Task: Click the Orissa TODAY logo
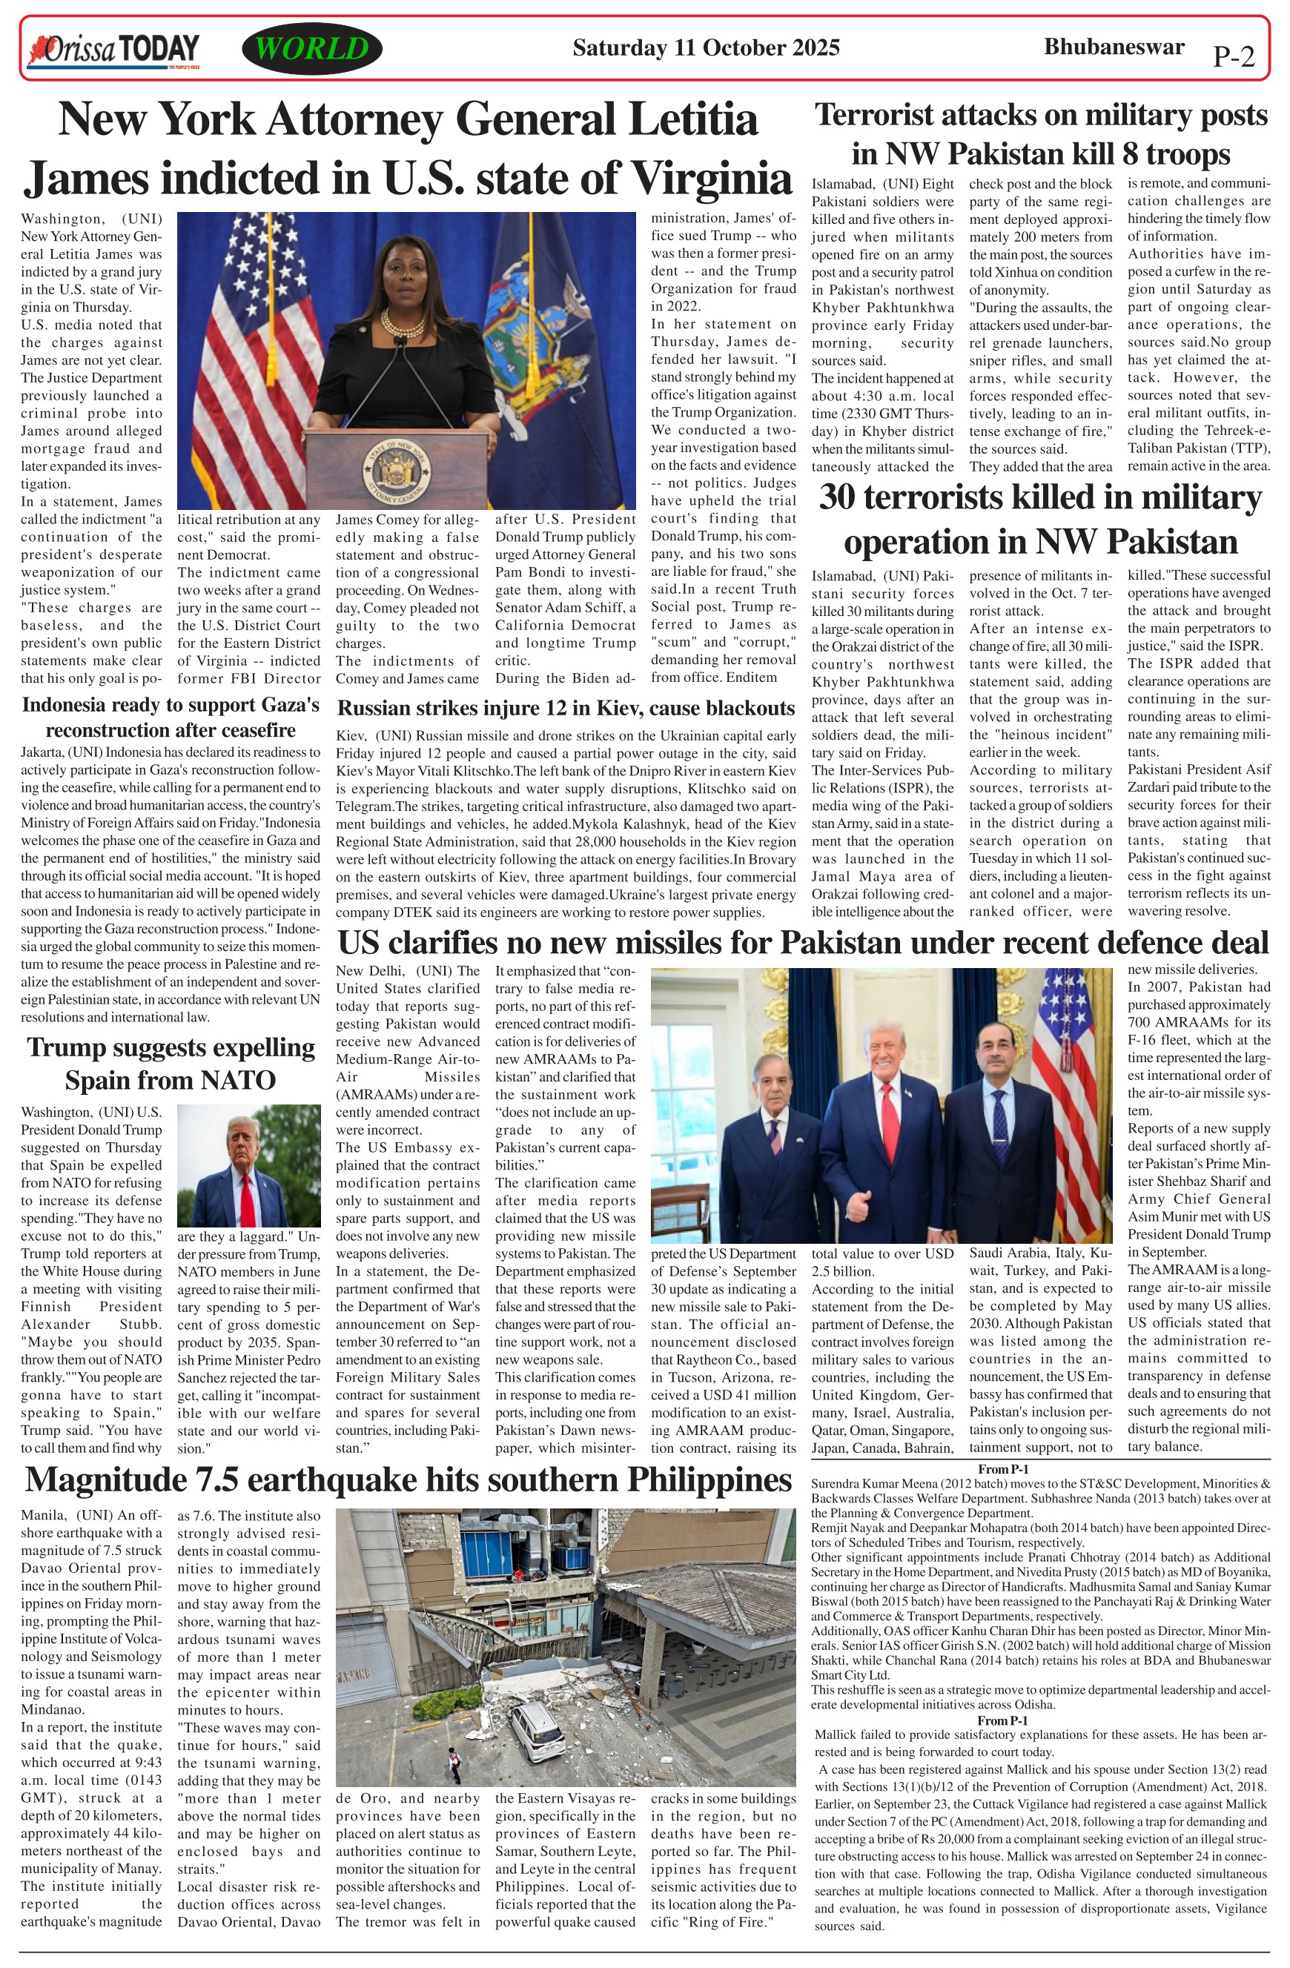[x=113, y=50]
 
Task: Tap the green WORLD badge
[x=311, y=49]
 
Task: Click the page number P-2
[x=1233, y=56]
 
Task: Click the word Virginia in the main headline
[x=710, y=178]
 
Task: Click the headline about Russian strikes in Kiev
[x=566, y=708]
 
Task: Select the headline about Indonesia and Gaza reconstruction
[x=171, y=717]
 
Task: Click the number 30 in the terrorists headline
[x=837, y=499]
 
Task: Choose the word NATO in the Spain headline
[x=236, y=1081]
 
